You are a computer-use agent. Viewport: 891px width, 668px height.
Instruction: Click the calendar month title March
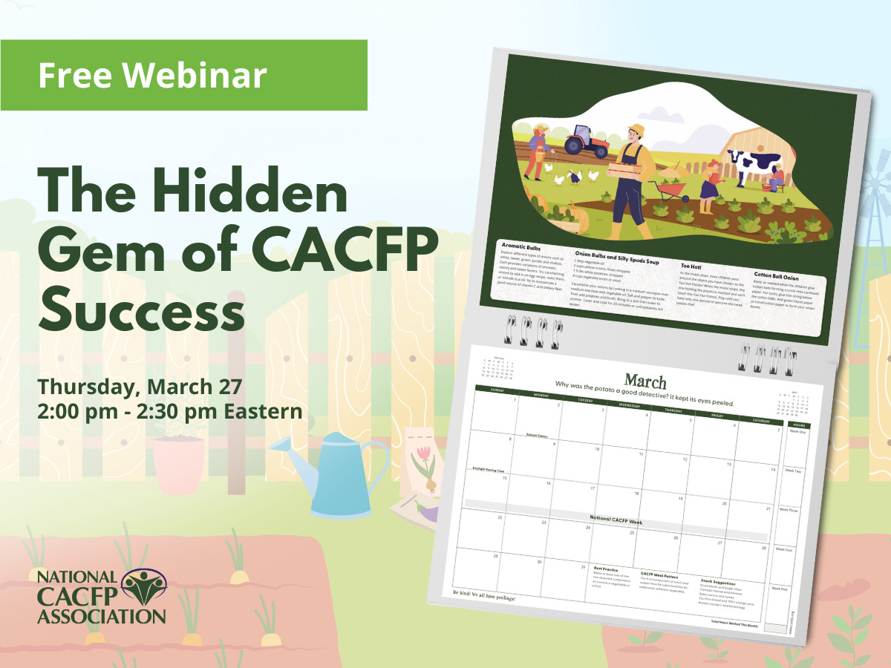click(645, 382)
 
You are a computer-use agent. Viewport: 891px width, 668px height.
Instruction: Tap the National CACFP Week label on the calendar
click(616, 523)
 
